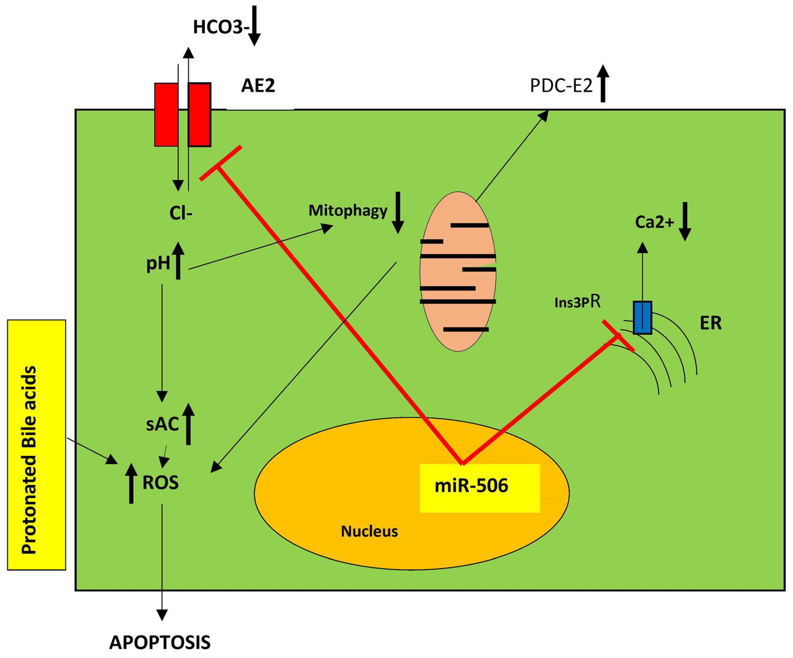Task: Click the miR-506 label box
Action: point(480,488)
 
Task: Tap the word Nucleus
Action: point(369,531)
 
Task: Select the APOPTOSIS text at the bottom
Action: point(160,643)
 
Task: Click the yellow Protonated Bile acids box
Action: point(37,444)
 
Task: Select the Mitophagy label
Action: point(348,211)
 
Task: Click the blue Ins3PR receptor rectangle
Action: point(642,317)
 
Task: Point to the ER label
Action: point(711,323)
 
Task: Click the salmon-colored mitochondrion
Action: point(458,271)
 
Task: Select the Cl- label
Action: point(181,214)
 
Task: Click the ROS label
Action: point(161,483)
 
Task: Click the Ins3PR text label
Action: point(577,302)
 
